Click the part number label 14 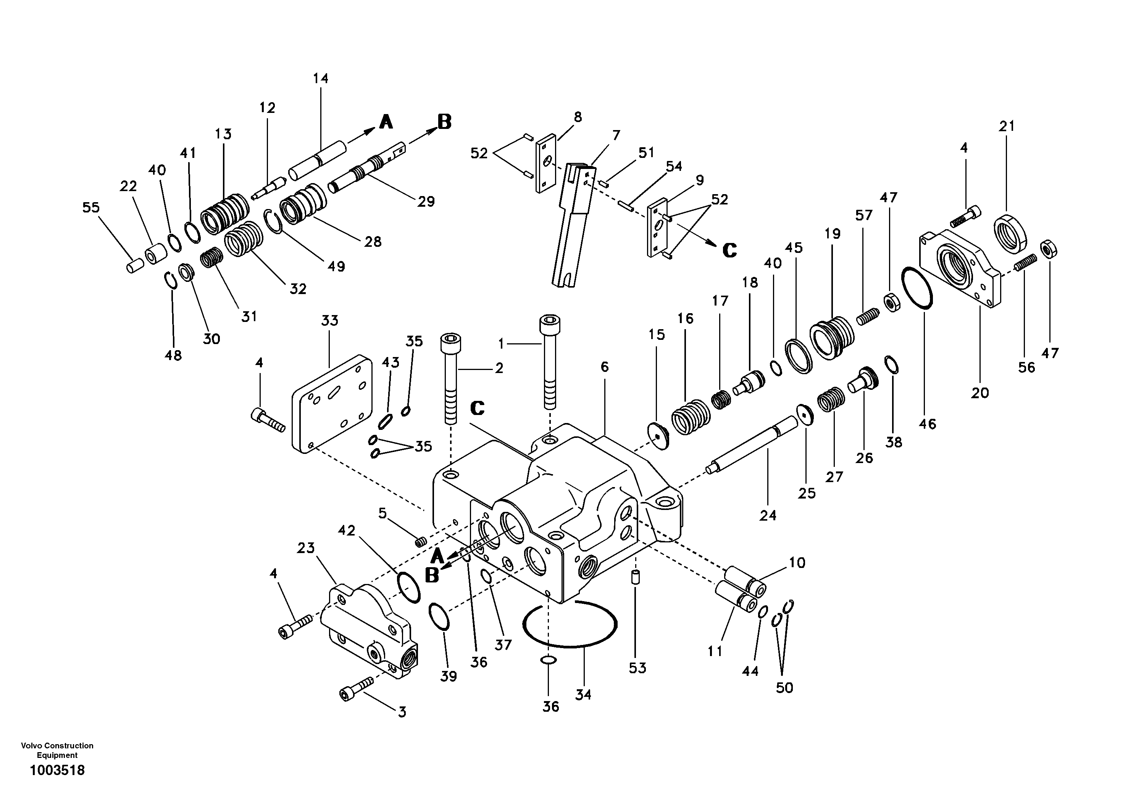pyautogui.click(x=321, y=78)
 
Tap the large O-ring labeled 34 pyautogui.click(x=569, y=643)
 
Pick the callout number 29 pyautogui.click(x=426, y=201)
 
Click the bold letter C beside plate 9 pyautogui.click(x=729, y=250)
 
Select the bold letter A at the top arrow pyautogui.click(x=386, y=122)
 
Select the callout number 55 pyautogui.click(x=91, y=207)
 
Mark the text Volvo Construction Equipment pyautogui.click(x=57, y=750)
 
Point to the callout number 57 pyautogui.click(x=864, y=215)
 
